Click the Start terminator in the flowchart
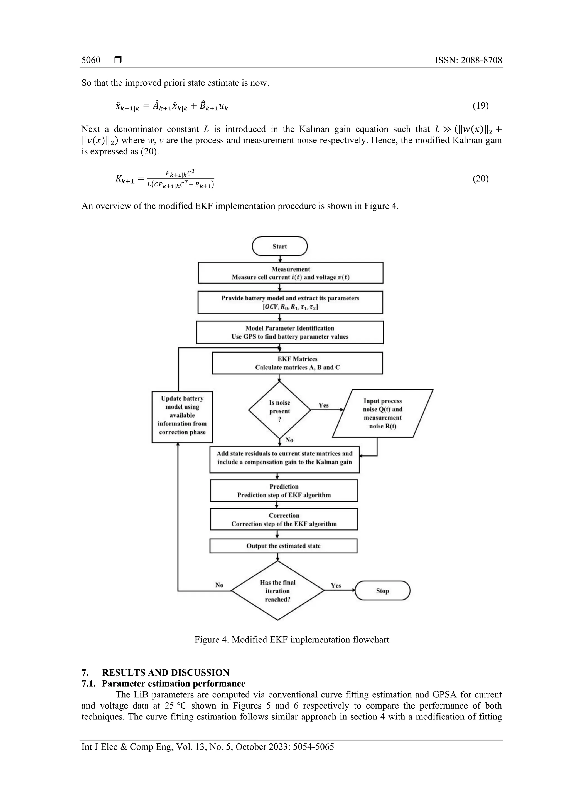point(279,247)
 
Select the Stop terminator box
point(382,591)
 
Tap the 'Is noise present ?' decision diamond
point(279,410)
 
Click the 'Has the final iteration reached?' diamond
point(277,591)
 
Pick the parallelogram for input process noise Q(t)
point(382,413)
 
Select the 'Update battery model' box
point(182,417)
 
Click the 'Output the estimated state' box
point(283,546)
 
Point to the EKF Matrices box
point(297,363)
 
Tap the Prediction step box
point(284,491)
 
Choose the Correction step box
point(284,519)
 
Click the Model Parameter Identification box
point(290,332)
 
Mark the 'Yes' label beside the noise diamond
point(323,405)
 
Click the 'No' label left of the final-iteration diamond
point(219,585)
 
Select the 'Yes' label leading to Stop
point(336,586)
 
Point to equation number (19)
point(480,106)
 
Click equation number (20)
point(480,179)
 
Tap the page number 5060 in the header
point(91,60)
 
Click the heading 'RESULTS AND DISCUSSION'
point(165,673)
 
